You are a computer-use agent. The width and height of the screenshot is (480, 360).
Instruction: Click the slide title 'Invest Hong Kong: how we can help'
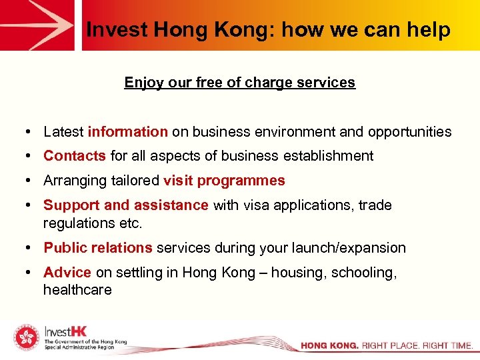pyautogui.click(x=269, y=30)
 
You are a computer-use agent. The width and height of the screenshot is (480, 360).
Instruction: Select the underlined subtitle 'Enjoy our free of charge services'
pyautogui.click(x=240, y=83)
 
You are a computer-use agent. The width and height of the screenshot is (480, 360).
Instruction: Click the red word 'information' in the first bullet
pyautogui.click(x=128, y=132)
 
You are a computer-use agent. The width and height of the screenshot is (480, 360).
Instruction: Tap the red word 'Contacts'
pyautogui.click(x=75, y=156)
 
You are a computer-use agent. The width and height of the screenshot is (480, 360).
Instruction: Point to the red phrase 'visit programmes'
pyautogui.click(x=224, y=181)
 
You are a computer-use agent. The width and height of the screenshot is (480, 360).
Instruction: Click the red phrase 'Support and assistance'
pyautogui.click(x=126, y=205)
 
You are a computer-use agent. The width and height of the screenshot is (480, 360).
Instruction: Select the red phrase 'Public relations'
pyautogui.click(x=98, y=248)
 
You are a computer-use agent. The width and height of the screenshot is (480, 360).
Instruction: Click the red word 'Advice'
pyautogui.click(x=67, y=273)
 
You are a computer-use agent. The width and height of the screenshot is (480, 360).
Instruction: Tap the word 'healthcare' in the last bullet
pyautogui.click(x=77, y=290)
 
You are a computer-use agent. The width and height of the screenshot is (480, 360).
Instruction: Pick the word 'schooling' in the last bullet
pyautogui.click(x=366, y=273)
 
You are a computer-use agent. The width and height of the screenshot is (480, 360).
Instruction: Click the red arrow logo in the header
pyautogui.click(x=38, y=25)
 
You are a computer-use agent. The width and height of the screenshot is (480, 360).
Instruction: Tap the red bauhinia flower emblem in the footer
pyautogui.click(x=25, y=339)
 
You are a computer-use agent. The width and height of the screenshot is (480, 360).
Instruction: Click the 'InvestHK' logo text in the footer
pyautogui.click(x=65, y=331)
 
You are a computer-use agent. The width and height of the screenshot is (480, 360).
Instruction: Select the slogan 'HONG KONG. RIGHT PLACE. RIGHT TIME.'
pyautogui.click(x=387, y=346)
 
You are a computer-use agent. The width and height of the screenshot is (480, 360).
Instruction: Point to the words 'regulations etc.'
pyautogui.click(x=93, y=223)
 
